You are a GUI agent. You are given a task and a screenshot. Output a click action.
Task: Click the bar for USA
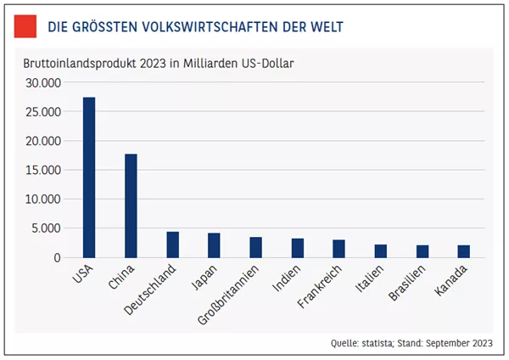(x=89, y=177)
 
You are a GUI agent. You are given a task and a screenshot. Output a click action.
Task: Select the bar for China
(x=131, y=205)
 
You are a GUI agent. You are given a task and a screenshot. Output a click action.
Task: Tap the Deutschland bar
(x=173, y=245)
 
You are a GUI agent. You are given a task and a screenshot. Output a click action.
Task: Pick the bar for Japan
(x=214, y=245)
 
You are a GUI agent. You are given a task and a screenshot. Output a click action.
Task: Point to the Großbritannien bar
(x=256, y=247)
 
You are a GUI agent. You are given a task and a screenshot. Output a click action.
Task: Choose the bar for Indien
(x=298, y=248)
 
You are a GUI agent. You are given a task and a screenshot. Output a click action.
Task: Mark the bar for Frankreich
(x=338, y=249)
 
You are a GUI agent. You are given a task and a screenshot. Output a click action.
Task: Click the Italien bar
(x=381, y=251)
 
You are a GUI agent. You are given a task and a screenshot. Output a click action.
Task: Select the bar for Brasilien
(x=422, y=251)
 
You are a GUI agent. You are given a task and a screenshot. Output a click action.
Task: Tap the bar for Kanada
(x=464, y=251)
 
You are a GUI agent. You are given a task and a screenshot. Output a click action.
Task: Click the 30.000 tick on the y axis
(x=43, y=83)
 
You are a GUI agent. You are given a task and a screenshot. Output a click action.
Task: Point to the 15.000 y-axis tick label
(x=43, y=170)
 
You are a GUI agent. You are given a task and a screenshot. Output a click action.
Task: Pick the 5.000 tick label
(x=46, y=228)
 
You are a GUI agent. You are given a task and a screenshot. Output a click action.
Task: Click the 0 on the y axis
(x=58, y=258)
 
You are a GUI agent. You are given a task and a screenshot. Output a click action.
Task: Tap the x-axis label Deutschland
(x=150, y=290)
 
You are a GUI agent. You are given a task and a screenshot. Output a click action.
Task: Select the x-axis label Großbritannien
(x=228, y=295)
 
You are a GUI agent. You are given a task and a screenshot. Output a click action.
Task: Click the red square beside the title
(x=25, y=26)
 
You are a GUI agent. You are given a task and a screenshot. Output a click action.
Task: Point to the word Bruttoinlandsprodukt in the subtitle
(x=80, y=64)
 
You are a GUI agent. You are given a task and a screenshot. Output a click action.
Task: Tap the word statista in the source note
(x=377, y=343)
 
